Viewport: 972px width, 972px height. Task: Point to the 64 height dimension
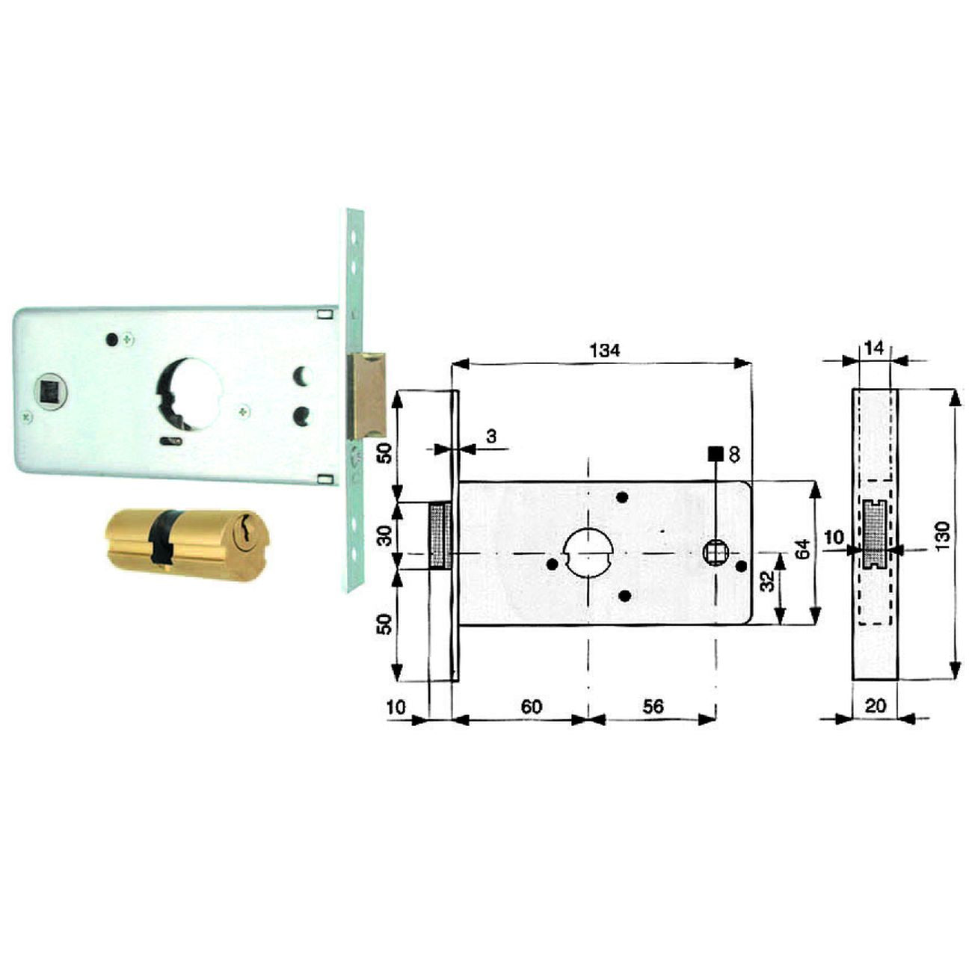pos(804,549)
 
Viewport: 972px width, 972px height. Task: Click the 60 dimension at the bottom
pos(531,707)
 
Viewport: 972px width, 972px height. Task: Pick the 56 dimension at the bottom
pos(653,707)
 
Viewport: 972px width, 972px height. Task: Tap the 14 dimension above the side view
pos(873,348)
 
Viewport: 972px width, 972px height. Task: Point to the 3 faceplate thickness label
pos(490,437)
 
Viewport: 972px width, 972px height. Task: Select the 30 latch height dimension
pos(385,536)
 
